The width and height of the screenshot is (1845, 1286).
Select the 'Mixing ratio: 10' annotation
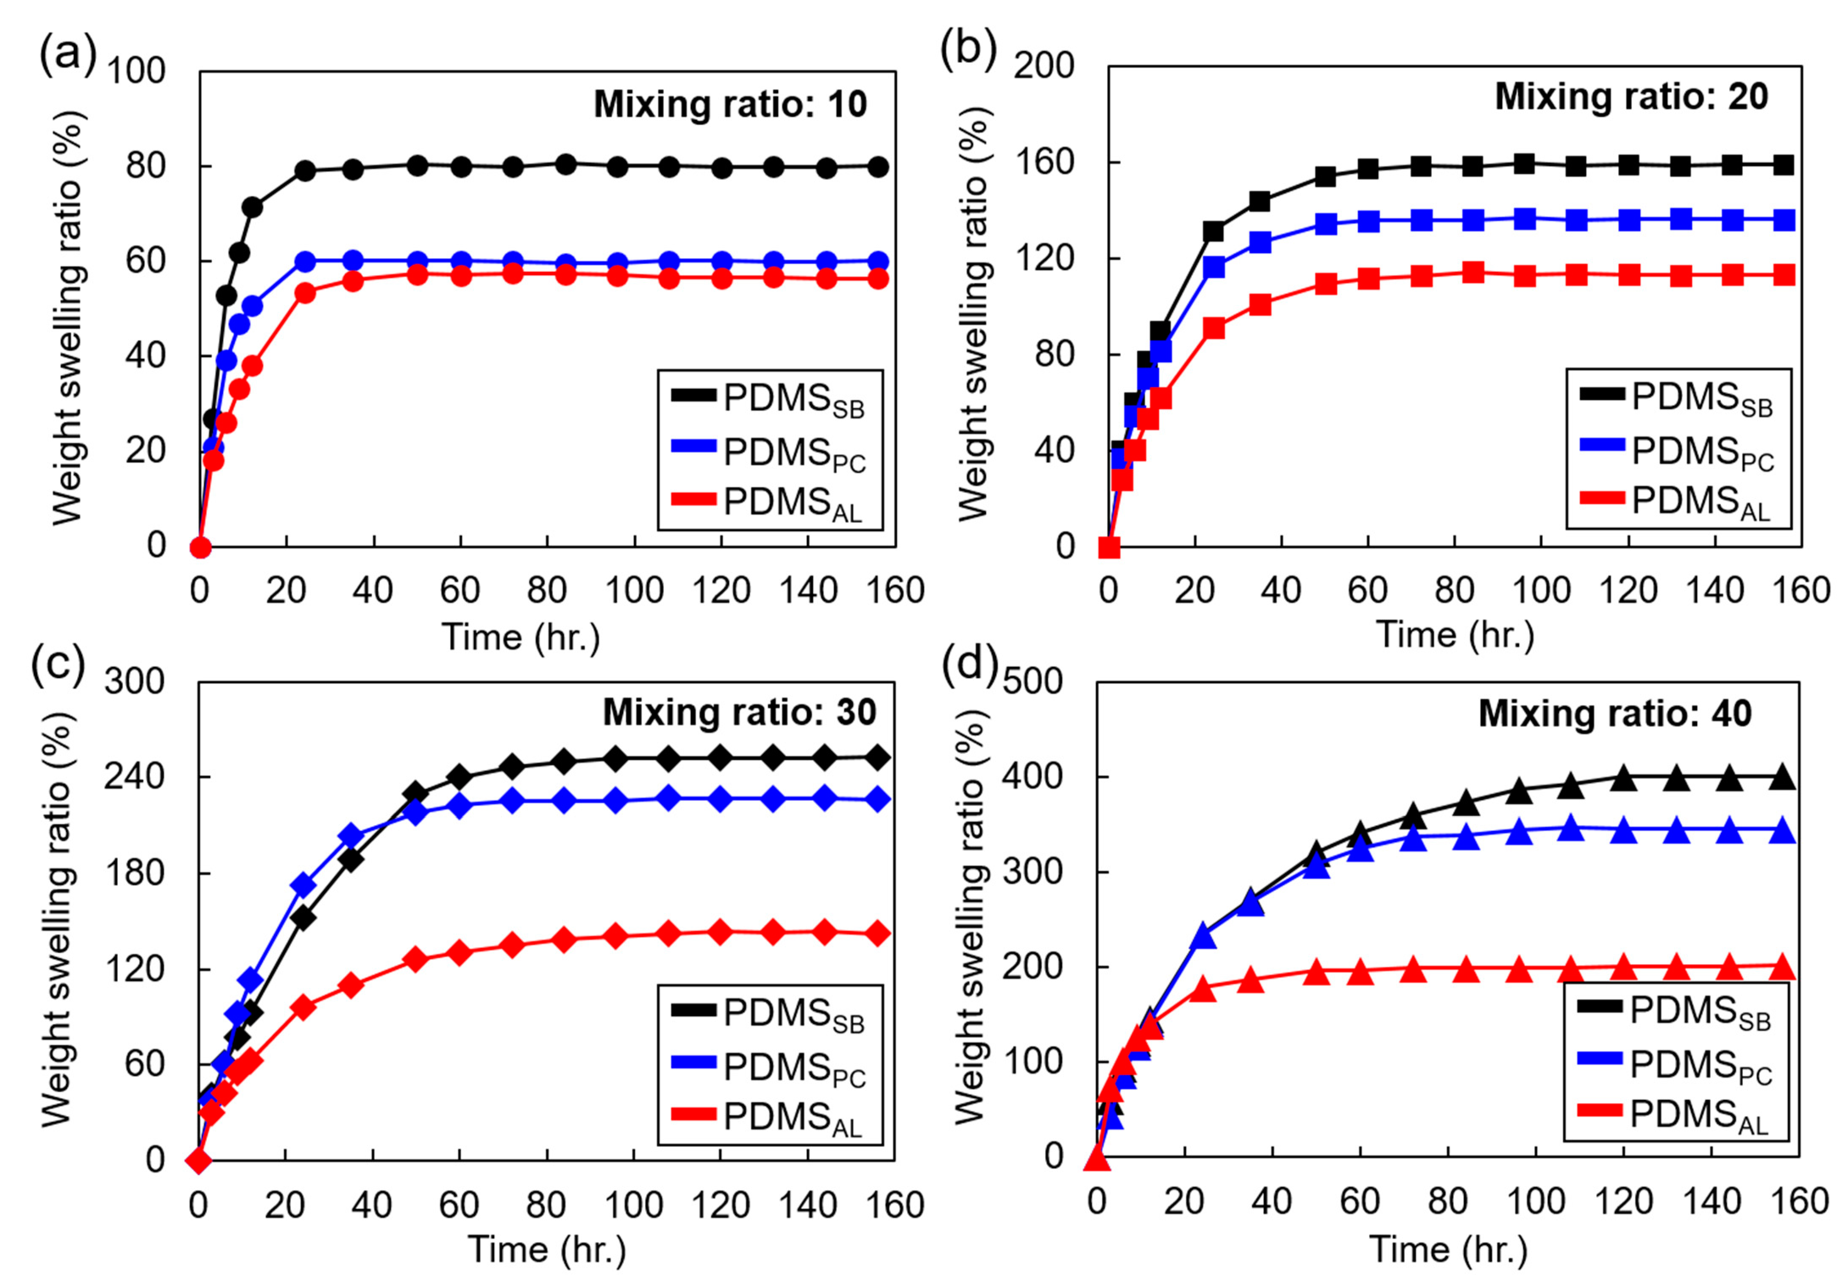(729, 104)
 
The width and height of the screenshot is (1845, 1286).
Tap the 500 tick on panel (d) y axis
(1032, 681)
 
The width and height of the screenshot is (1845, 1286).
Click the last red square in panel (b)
(1783, 276)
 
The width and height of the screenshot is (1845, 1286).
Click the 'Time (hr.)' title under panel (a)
(521, 637)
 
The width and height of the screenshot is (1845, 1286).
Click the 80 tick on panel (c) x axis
(546, 1205)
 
